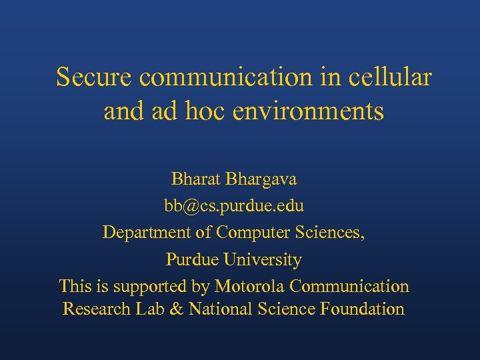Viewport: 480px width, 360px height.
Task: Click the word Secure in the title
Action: pyautogui.click(x=95, y=77)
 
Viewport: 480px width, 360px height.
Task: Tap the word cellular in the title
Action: pyautogui.click(x=390, y=77)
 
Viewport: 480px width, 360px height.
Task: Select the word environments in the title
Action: pyautogui.click(x=308, y=111)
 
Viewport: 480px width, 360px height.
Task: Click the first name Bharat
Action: pyautogui.click(x=196, y=179)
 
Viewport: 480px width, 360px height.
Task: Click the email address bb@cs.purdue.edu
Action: pyautogui.click(x=234, y=206)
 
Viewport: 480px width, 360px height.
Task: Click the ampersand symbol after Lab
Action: pyautogui.click(x=175, y=309)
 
